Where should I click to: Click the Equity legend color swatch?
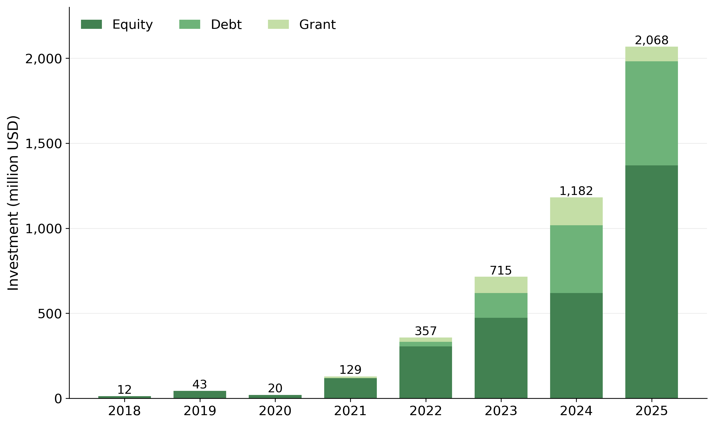click(91, 24)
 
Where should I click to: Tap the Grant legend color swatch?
click(278, 24)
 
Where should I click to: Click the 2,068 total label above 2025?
click(651, 40)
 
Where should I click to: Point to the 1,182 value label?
click(576, 191)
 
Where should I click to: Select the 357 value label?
click(425, 331)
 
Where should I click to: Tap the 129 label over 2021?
click(350, 370)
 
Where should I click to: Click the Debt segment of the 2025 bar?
click(651, 113)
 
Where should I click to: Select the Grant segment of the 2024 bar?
click(576, 211)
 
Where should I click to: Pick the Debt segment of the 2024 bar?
click(576, 259)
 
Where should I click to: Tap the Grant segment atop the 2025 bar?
click(651, 54)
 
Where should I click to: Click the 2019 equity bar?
click(199, 394)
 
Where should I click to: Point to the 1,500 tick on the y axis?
click(43, 144)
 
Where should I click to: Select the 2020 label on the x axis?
click(275, 412)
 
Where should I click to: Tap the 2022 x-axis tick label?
click(425, 412)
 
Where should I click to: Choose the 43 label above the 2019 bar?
click(199, 385)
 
